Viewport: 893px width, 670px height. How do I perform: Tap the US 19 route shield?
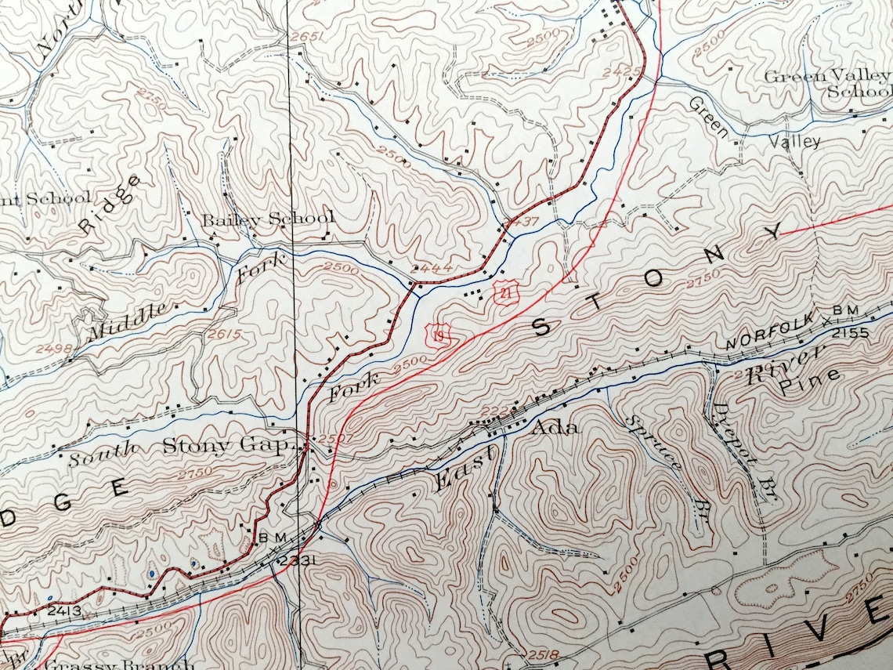[x=436, y=335]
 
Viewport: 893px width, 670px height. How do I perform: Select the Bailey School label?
[x=268, y=219]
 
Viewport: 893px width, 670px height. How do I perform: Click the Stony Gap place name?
[x=227, y=446]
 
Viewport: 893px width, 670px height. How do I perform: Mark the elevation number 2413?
[x=63, y=609]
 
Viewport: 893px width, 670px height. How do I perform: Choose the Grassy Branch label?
[x=117, y=665]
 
